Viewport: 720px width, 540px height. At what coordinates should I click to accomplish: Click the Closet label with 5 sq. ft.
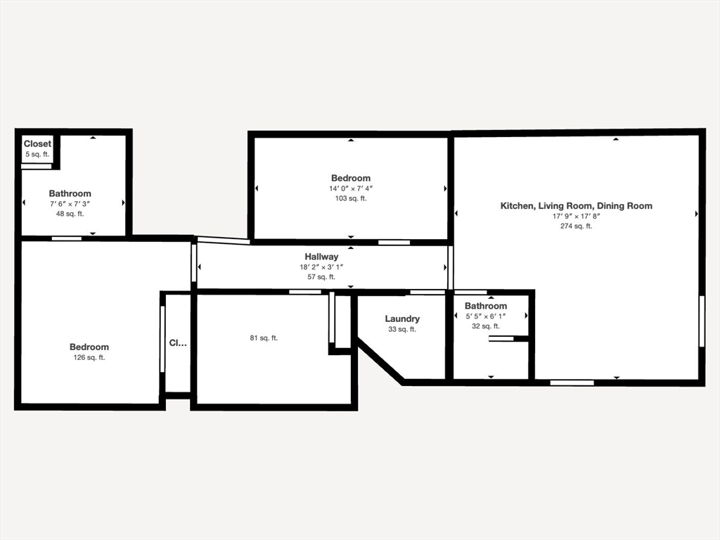38,143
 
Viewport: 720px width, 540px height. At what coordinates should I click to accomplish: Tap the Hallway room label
321,257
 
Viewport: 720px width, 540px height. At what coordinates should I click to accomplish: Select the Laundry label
402,319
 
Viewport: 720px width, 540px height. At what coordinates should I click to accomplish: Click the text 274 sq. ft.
577,226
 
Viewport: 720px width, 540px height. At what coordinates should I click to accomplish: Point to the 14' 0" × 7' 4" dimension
351,188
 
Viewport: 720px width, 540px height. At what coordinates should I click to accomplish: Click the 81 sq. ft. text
264,338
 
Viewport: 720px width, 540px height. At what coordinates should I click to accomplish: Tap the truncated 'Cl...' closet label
178,343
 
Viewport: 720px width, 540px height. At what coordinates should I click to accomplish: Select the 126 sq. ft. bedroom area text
89,357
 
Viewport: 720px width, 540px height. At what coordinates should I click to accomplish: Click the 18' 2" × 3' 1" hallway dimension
321,266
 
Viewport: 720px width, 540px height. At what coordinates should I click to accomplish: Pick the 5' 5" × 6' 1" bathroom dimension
486,316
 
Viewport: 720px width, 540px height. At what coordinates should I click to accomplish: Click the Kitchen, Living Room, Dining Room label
577,206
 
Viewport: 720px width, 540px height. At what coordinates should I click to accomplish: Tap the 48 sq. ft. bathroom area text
70,214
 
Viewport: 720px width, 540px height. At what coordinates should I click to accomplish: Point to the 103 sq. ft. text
351,198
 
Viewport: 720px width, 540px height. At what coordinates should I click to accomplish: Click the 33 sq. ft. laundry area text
402,329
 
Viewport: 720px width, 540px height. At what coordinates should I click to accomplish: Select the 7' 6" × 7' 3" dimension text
70,203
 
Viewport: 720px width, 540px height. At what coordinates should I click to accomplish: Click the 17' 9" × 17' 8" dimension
577,216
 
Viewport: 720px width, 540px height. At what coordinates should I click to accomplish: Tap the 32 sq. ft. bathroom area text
486,326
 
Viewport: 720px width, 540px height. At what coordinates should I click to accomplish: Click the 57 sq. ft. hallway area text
321,277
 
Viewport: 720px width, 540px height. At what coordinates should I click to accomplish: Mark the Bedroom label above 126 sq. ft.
89,347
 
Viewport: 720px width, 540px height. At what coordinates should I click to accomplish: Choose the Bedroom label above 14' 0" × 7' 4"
351,178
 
